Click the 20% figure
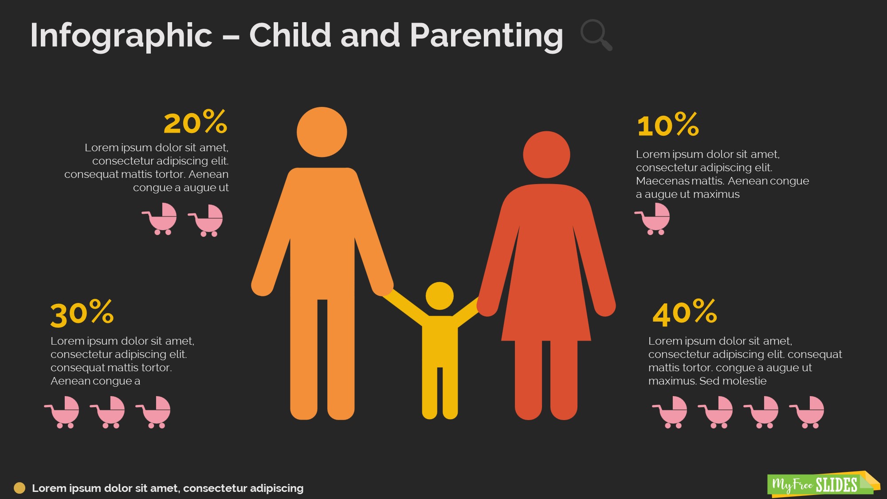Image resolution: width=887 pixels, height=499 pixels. pyautogui.click(x=195, y=122)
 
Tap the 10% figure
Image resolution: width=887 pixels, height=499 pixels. pyautogui.click(x=667, y=125)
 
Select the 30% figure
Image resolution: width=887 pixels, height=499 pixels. pyautogui.click(x=82, y=314)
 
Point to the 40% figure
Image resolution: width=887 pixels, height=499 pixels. pyautogui.click(x=684, y=313)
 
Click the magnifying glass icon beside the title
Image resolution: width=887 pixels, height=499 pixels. pyautogui.click(x=596, y=35)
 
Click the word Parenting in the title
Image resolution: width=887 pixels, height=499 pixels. pyautogui.click(x=486, y=35)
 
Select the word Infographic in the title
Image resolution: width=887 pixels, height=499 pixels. pyautogui.click(x=121, y=35)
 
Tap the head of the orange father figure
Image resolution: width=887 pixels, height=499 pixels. pyautogui.click(x=322, y=132)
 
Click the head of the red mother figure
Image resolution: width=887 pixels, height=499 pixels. pyautogui.click(x=546, y=154)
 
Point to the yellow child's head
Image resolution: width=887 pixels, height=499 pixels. pyautogui.click(x=440, y=296)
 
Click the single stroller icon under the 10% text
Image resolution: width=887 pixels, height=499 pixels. pyautogui.click(x=653, y=219)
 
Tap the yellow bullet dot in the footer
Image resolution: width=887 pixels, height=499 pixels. pyautogui.click(x=20, y=488)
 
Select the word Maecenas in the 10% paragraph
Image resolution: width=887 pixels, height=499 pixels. pyautogui.click(x=657, y=181)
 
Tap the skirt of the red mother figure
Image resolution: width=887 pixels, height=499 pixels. pyautogui.click(x=546, y=310)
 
